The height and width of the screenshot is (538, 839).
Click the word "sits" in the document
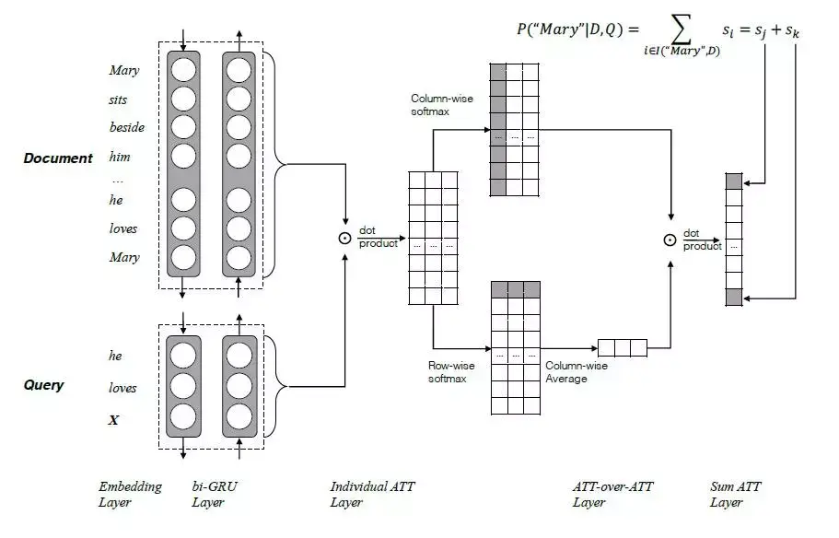117,99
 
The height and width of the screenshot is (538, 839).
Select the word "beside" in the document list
127,127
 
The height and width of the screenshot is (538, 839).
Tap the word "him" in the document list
120,157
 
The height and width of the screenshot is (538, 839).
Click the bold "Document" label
58,158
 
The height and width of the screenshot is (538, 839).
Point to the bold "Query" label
43,385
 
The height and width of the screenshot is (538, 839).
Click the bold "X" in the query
114,420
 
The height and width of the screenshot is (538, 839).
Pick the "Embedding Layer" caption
130,494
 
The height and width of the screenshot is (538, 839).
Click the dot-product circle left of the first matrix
344,238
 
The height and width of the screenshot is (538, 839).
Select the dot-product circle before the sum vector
670,240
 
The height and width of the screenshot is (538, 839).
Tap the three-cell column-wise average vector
623,347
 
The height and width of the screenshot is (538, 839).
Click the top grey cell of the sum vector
733,181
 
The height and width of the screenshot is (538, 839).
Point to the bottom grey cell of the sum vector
733,297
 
